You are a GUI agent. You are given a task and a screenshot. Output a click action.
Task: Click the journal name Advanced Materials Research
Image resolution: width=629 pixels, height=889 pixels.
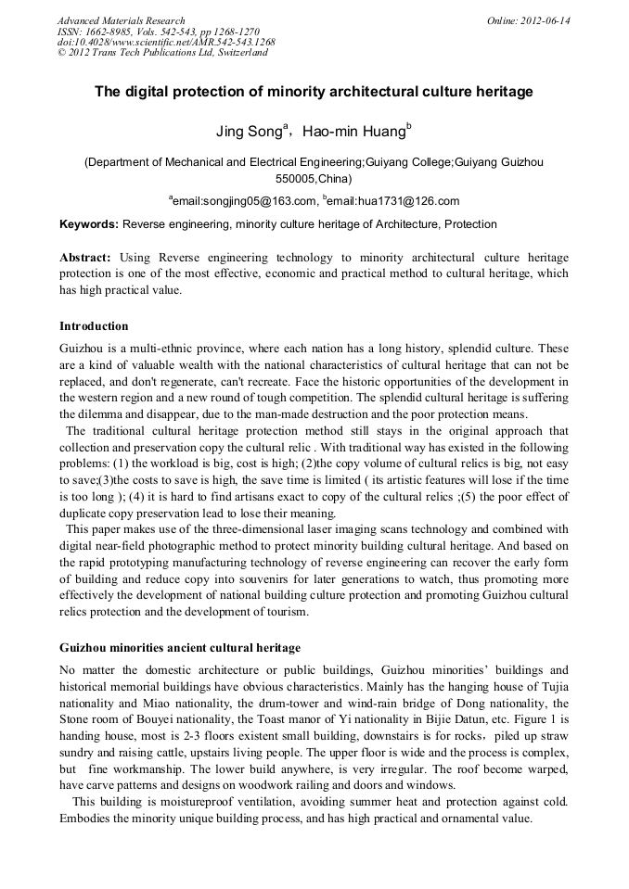[x=121, y=20]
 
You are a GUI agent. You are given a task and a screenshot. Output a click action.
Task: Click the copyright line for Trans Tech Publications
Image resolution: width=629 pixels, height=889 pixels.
[x=162, y=53]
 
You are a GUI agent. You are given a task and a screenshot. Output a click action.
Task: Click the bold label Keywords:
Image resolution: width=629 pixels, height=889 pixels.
[x=89, y=224]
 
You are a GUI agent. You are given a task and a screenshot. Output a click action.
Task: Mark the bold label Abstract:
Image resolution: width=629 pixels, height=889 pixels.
[x=85, y=257]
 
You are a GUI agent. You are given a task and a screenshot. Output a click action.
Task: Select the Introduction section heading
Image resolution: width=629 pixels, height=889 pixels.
[x=94, y=326]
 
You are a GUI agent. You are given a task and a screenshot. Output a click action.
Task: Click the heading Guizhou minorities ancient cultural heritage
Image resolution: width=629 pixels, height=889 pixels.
[x=179, y=647]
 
